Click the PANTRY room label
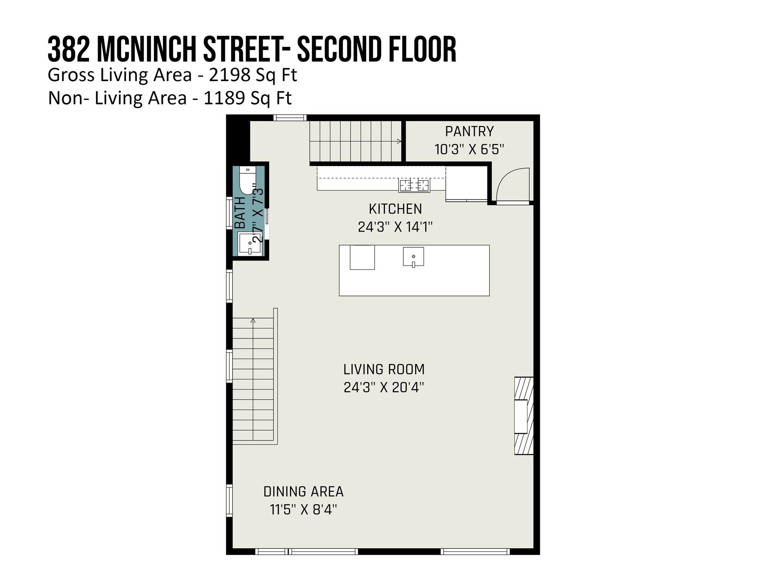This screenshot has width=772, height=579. (469, 132)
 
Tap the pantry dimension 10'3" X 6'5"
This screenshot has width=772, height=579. (469, 150)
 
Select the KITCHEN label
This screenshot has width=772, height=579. (395, 209)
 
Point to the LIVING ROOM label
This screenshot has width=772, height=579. (384, 369)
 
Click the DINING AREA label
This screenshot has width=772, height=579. (303, 492)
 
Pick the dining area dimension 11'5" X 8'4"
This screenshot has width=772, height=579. (303, 510)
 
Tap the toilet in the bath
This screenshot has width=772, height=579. (248, 180)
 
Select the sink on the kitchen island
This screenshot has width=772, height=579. (413, 257)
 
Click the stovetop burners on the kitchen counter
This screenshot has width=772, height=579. (414, 185)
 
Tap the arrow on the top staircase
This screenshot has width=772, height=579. (399, 141)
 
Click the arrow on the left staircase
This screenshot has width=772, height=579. (253, 321)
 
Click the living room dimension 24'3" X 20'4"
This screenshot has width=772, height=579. (384, 388)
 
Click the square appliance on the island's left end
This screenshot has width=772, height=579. (362, 257)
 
